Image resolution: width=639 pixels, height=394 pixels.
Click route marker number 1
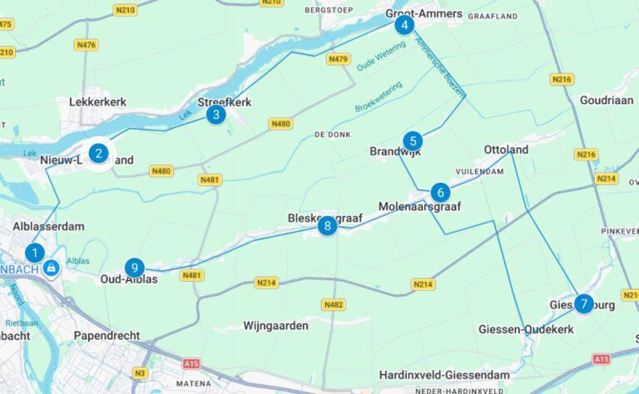point(35,253)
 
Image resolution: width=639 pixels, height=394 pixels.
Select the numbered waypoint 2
point(98,153)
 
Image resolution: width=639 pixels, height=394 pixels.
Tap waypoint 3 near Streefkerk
point(215,115)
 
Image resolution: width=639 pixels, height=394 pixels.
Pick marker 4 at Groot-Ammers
point(404,25)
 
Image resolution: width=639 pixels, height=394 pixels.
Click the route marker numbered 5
point(412,141)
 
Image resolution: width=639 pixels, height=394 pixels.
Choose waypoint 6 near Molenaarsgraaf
point(441,192)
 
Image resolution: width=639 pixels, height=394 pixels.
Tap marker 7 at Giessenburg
point(584,304)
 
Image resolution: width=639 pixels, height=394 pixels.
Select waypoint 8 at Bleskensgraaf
point(328,225)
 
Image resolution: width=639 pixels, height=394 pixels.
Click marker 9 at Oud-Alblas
point(134,268)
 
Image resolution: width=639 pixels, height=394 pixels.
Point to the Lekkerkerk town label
point(97,101)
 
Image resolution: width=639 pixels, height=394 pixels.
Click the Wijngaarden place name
point(276,325)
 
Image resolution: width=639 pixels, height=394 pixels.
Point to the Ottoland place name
point(506,150)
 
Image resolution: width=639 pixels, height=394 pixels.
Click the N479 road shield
point(338,59)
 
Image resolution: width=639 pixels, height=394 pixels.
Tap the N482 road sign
point(333,305)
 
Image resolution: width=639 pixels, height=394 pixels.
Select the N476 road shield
point(85,45)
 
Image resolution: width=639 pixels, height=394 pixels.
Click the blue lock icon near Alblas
point(52,267)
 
